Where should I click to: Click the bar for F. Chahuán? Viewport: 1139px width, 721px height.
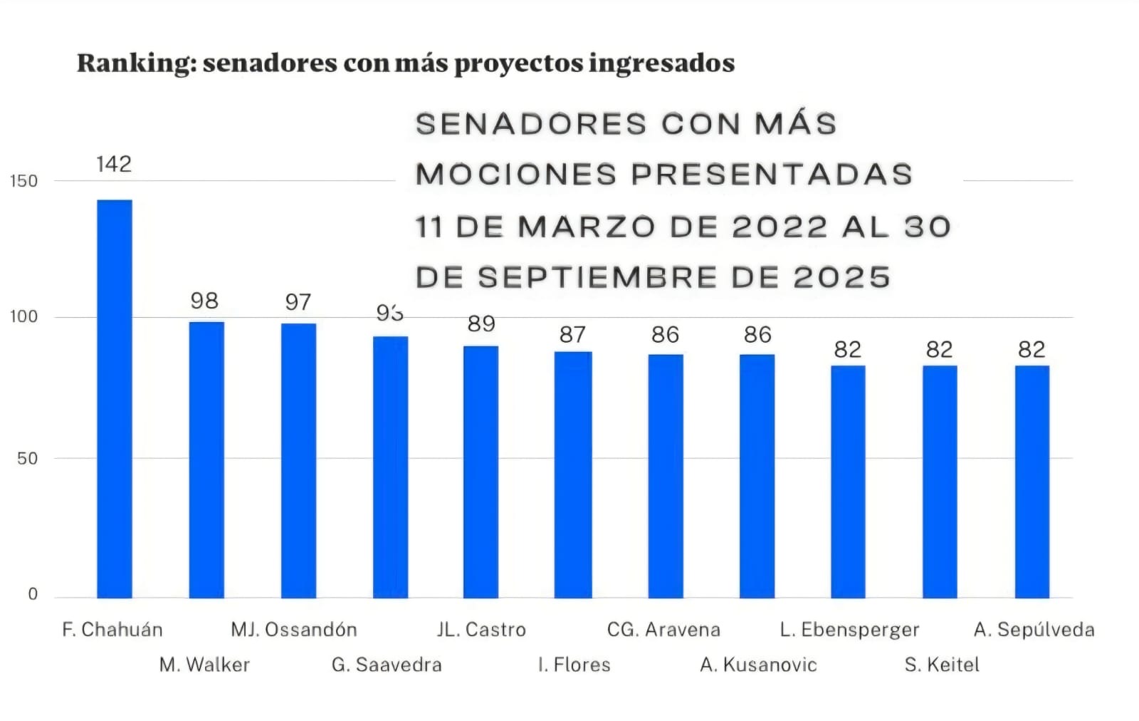pos(115,398)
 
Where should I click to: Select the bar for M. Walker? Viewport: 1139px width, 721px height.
pos(206,460)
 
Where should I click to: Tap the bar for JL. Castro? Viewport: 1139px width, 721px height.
pos(481,472)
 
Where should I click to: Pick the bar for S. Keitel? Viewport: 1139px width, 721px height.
pos(940,482)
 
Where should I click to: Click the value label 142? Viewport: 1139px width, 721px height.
pos(114,165)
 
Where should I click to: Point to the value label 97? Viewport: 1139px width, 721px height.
pos(298,302)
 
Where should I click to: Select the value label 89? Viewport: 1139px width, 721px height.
pos(481,324)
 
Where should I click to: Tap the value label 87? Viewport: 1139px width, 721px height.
pos(572,335)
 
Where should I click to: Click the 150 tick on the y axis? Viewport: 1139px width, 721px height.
pos(23,181)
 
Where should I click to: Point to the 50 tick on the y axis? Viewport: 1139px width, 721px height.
pos(27,458)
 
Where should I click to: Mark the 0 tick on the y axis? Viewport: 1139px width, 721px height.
pos(33,594)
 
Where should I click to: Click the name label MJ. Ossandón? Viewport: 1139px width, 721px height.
pos(294,630)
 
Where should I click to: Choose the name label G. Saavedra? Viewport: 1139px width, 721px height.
pos(387,665)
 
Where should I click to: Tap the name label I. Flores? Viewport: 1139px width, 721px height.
pos(574,665)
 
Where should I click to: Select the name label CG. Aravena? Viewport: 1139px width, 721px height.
pos(663,630)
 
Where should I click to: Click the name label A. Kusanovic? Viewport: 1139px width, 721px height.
pos(759,665)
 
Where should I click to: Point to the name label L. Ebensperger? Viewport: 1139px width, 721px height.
pos(849,630)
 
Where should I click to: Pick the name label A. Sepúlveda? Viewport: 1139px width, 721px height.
pos(1034,630)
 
